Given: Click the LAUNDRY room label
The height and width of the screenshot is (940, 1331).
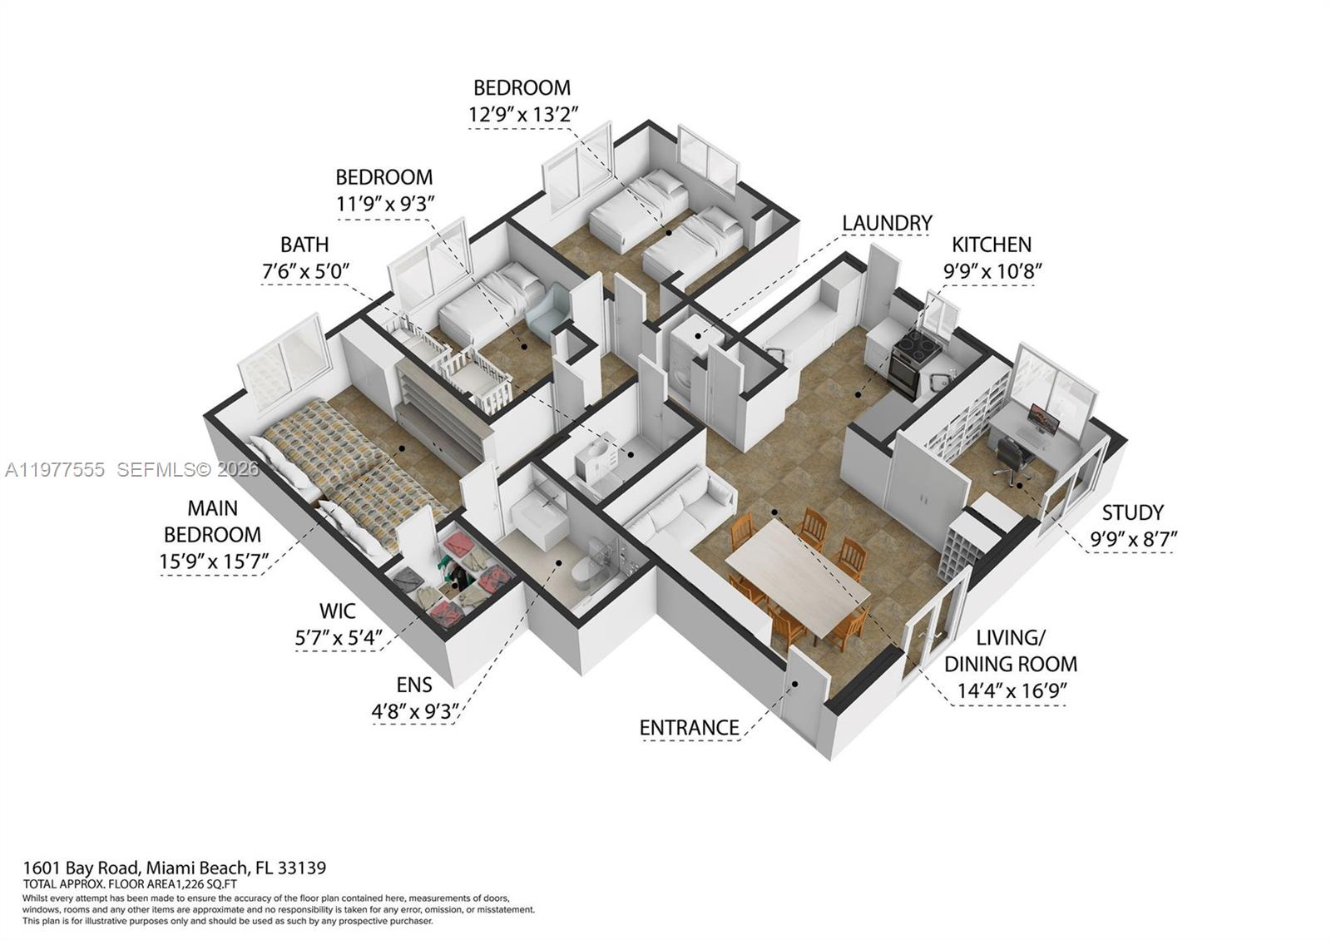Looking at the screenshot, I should pyautogui.click(x=886, y=223).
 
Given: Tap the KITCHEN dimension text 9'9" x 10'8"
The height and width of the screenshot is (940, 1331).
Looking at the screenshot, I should pyautogui.click(x=992, y=271).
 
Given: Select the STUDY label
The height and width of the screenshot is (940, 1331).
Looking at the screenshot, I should pyautogui.click(x=1132, y=512).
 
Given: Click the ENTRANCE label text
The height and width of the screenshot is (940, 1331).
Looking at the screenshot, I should pyautogui.click(x=689, y=728).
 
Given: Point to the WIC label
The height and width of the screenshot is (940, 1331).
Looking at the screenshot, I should pyautogui.click(x=338, y=611).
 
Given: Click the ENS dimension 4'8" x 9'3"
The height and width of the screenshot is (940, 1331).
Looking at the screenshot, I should pyautogui.click(x=414, y=712).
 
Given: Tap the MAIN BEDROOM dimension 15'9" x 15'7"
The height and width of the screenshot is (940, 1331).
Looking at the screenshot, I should pyautogui.click(x=214, y=562).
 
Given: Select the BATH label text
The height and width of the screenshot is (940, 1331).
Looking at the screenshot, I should pyautogui.click(x=304, y=245).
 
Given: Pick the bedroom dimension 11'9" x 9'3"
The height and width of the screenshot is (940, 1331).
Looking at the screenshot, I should pyautogui.click(x=385, y=203).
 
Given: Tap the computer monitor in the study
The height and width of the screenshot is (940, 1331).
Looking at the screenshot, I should pyautogui.click(x=1043, y=418).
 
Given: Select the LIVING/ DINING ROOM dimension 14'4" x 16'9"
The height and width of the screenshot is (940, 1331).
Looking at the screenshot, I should pyautogui.click(x=1011, y=690).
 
